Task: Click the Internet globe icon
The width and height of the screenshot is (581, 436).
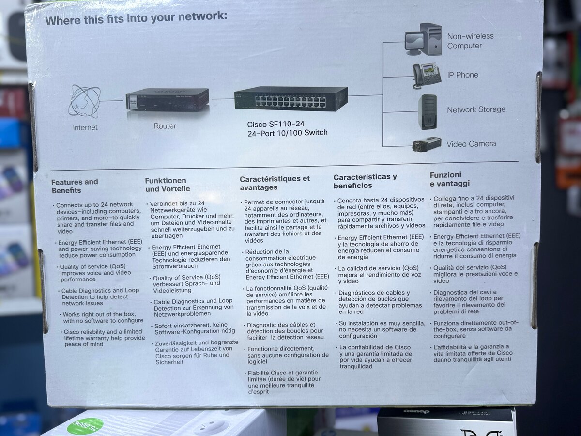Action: tap(84, 101)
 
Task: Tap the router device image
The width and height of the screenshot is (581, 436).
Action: tap(168, 100)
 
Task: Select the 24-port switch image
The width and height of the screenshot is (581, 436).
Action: tap(291, 99)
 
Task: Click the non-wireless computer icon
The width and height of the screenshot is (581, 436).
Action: tap(424, 40)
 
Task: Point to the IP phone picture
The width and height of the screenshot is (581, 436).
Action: tap(426, 75)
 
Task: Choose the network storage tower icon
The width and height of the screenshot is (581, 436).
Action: tap(428, 111)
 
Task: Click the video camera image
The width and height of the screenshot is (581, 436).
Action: tap(427, 144)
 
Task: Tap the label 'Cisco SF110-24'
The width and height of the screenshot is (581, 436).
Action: tap(275, 124)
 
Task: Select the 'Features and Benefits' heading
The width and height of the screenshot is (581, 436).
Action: tap(75, 186)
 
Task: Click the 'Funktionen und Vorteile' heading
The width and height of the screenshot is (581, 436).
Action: tap(168, 185)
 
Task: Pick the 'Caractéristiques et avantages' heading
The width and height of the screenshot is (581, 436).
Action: tap(275, 183)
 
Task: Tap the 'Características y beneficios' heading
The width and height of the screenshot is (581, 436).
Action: tap(365, 181)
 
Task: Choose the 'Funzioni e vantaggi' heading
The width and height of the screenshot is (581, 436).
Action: tap(450, 179)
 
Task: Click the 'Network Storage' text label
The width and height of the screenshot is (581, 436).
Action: tap(476, 109)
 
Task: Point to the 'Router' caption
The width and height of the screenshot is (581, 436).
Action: tap(165, 126)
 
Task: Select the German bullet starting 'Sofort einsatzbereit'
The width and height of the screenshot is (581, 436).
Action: tap(190, 328)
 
